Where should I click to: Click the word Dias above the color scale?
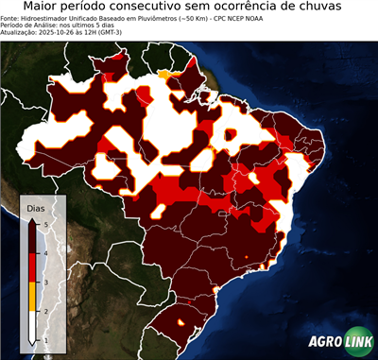click(x=35, y=207)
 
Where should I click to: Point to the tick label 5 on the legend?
click(x=45, y=222)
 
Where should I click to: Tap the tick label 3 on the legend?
click(x=45, y=281)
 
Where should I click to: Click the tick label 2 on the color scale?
click(x=45, y=310)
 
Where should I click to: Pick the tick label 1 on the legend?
click(x=45, y=339)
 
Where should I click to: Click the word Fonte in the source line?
click(x=12, y=17)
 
